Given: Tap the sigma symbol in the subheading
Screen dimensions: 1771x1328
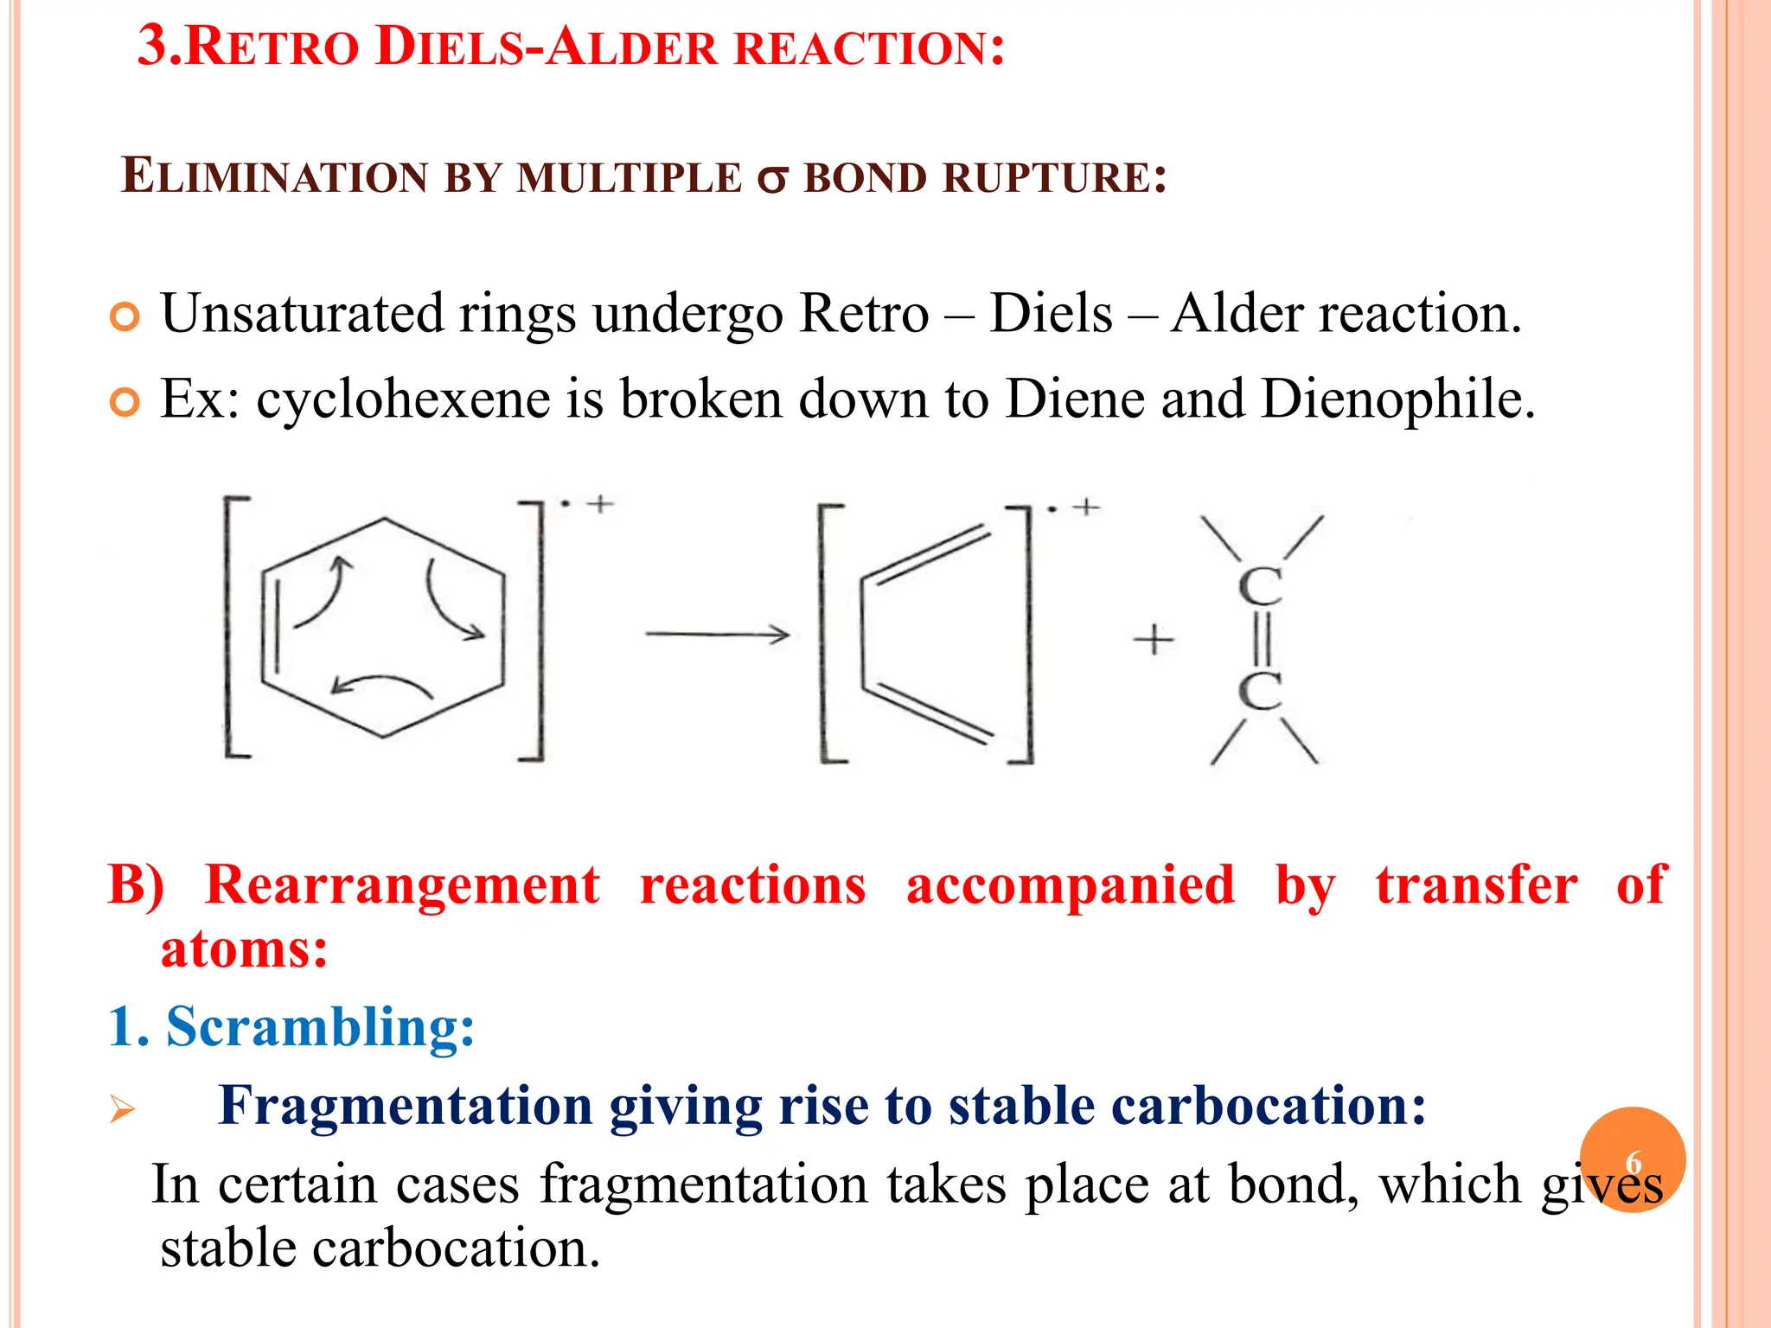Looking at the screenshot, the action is point(772,180).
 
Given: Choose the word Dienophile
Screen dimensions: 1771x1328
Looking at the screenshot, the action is point(1397,399).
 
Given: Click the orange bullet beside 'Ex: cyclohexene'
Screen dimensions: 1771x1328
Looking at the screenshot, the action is point(125,403).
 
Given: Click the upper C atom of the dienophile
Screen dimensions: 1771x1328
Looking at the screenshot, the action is point(1260,587).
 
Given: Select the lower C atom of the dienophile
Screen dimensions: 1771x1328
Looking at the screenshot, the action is point(1260,692).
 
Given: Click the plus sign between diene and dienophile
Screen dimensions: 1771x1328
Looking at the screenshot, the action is point(1154,641).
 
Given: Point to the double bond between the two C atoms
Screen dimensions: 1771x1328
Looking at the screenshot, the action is point(1260,640).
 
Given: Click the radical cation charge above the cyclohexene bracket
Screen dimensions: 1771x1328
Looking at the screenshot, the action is point(587,503).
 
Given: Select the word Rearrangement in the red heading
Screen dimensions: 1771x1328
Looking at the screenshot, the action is point(402,885).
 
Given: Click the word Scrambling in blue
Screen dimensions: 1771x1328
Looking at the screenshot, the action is point(320,1027).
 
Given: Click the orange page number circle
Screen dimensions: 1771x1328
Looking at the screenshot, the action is point(1632,1159).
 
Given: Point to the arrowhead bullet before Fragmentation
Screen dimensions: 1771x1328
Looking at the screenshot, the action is point(123,1108).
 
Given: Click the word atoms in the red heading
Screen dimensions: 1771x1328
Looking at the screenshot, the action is point(244,949).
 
